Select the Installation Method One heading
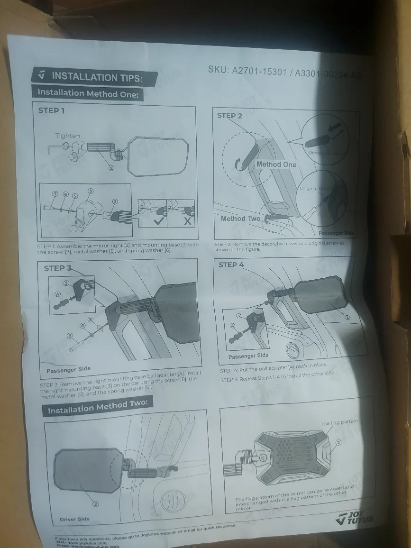[88, 93]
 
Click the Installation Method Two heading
[97, 407]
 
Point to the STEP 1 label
[51, 110]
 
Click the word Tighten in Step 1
[67, 136]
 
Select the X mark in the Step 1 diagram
[188, 221]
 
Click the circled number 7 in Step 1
[55, 194]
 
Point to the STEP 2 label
[229, 116]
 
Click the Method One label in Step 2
[276, 164]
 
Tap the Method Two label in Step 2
[240, 219]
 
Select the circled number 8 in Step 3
[70, 336]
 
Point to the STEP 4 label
[231, 265]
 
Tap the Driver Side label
[74, 519]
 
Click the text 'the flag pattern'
[339, 423]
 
